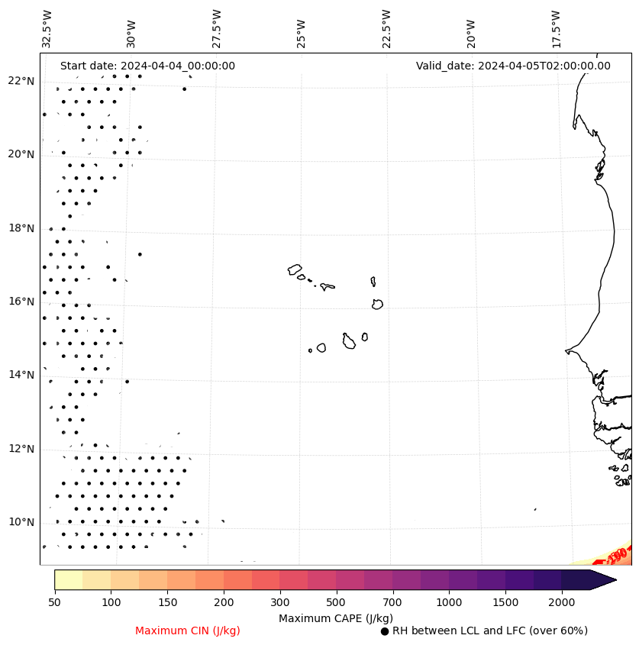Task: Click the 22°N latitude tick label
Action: (x=21, y=81)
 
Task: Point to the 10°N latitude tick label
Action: (x=21, y=522)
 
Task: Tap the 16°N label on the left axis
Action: (x=21, y=302)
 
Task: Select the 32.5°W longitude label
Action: (x=47, y=29)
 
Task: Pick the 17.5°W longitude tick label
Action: (x=556, y=29)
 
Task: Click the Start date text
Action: (x=147, y=66)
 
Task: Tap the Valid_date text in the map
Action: (x=513, y=66)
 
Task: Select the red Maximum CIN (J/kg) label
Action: (x=188, y=631)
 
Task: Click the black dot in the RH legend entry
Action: (x=385, y=631)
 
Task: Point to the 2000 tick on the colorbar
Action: (x=562, y=603)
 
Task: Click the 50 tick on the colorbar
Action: (x=54, y=603)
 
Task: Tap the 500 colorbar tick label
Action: (x=337, y=603)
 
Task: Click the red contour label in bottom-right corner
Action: (x=618, y=553)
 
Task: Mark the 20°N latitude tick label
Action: (x=21, y=154)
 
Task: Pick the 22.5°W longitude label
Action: (x=386, y=29)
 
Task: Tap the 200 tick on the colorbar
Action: (x=224, y=603)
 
